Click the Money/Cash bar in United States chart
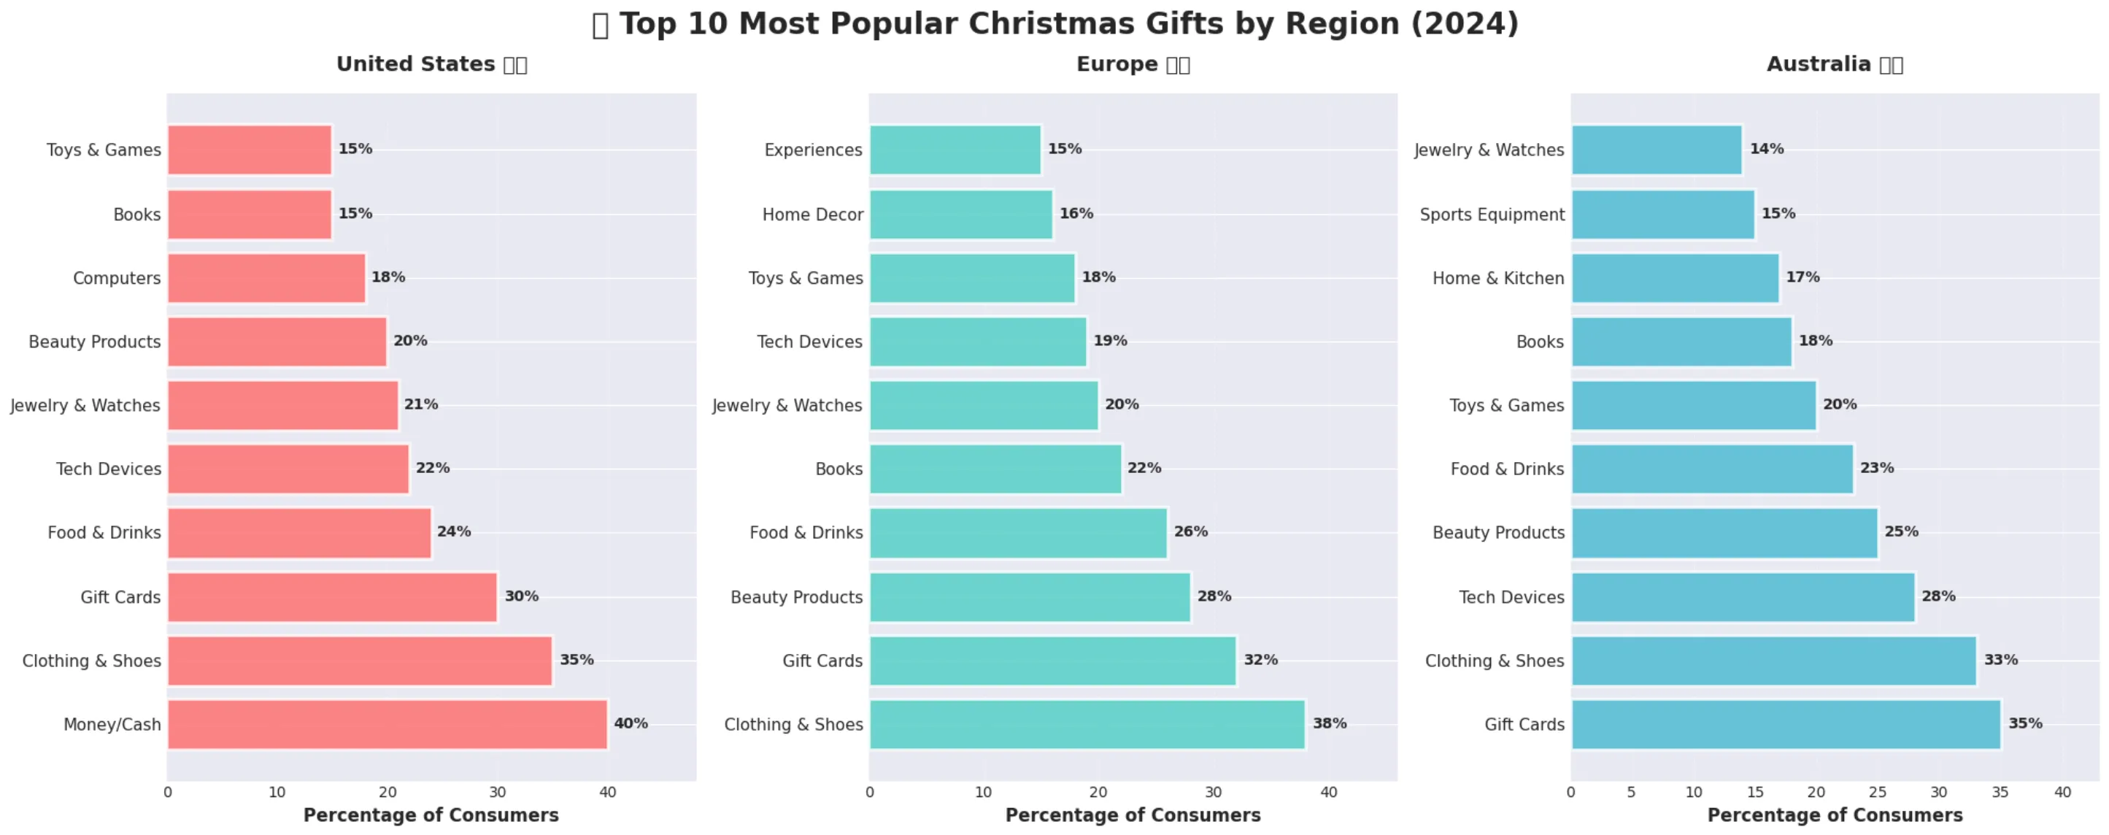[388, 723]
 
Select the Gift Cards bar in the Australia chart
[1786, 723]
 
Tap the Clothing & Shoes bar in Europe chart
[1087, 723]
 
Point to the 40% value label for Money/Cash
[631, 723]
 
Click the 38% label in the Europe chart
[1329, 723]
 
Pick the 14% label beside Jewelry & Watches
[1766, 148]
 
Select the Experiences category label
[812, 150]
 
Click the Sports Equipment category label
[1491, 215]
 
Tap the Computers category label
[116, 278]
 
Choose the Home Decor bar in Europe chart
[960, 215]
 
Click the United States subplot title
[431, 64]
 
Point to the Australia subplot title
[1834, 64]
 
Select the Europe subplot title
[1133, 64]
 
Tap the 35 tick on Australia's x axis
[2000, 792]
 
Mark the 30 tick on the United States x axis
[497, 792]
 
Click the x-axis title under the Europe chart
[1133, 815]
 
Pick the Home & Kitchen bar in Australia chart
[1674, 278]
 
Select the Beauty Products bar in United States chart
[277, 342]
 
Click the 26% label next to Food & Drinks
[1190, 531]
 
